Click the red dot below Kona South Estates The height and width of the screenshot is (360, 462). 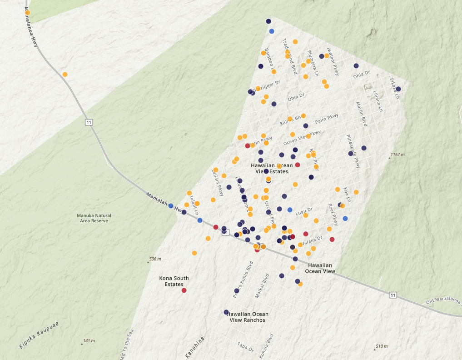184,290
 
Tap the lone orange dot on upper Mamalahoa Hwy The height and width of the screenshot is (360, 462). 65,74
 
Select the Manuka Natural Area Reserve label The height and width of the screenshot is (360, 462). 94,218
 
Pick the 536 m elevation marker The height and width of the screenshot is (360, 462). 155,259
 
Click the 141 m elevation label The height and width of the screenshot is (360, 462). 89,341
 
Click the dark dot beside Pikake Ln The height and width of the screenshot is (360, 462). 398,89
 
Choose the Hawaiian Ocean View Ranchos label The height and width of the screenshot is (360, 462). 248,317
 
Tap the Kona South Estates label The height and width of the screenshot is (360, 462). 174,281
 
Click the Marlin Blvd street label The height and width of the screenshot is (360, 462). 361,113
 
